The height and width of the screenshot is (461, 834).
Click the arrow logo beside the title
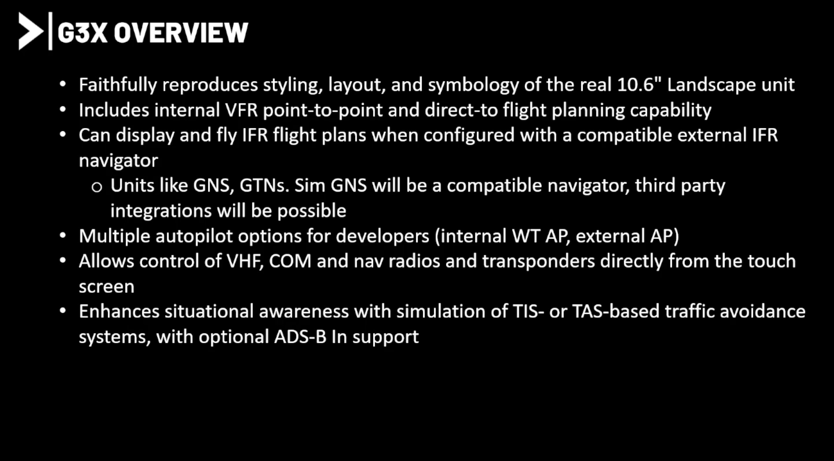click(x=31, y=31)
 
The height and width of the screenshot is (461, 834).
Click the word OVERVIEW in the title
click(x=181, y=33)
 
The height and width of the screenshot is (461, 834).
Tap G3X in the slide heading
click(x=82, y=33)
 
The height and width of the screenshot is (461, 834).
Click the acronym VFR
click(x=241, y=110)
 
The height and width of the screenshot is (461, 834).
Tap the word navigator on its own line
click(x=118, y=161)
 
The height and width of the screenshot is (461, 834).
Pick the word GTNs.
click(x=264, y=186)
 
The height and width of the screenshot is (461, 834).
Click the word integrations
click(x=161, y=211)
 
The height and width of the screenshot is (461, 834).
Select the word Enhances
click(x=119, y=312)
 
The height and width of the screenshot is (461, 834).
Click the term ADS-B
click(x=300, y=337)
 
